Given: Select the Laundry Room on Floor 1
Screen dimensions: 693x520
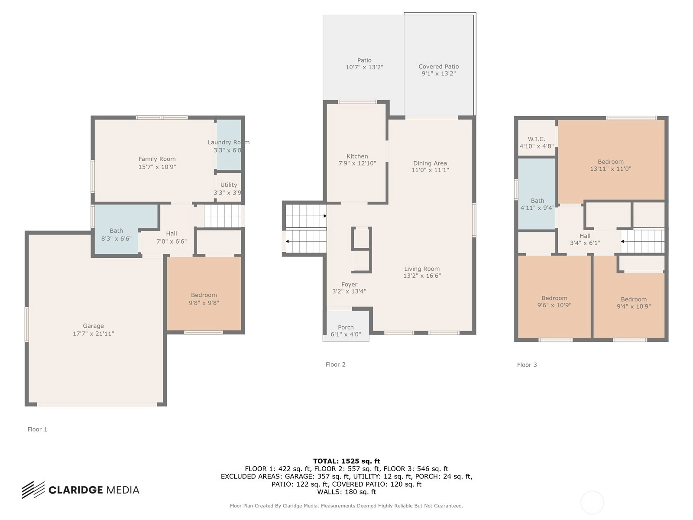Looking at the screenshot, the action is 229,146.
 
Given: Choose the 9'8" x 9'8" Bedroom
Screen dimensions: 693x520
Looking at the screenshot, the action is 204,294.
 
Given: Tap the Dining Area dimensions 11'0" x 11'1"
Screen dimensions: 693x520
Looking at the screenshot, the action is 430,170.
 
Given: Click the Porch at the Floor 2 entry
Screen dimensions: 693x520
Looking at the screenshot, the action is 346,326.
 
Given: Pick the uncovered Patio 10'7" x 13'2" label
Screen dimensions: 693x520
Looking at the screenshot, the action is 364,63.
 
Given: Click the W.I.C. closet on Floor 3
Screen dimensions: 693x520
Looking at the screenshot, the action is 537,138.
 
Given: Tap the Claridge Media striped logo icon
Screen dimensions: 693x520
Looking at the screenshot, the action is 33,490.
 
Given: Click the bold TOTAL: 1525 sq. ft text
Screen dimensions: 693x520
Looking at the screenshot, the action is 346,461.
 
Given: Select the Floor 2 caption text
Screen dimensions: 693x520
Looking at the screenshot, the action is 335,364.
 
